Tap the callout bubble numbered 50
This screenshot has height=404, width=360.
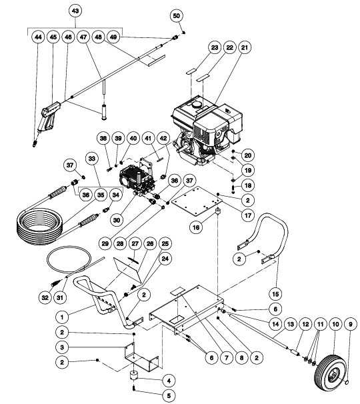pos(176,15)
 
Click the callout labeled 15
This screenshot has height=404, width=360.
pos(275,292)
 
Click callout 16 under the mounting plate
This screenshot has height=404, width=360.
pos(197,227)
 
